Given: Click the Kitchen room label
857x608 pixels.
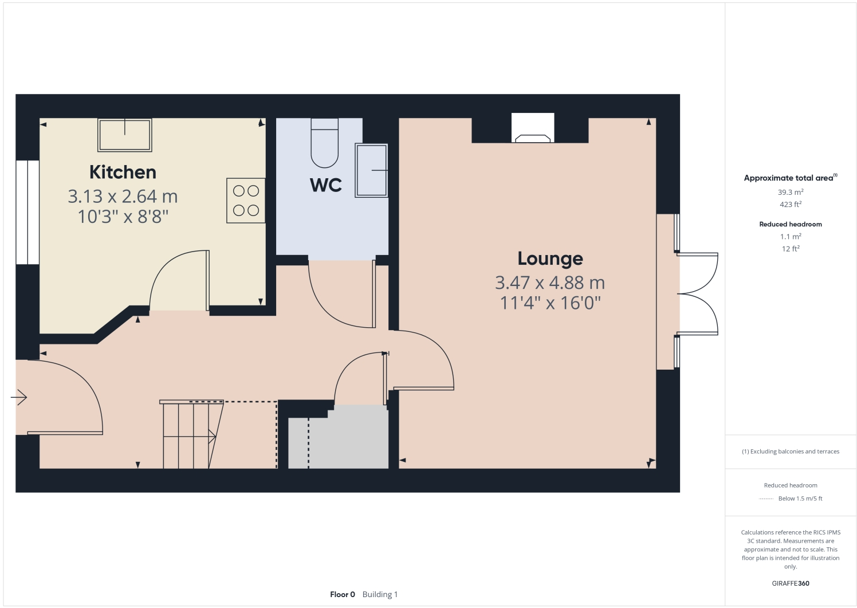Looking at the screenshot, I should tap(123, 172).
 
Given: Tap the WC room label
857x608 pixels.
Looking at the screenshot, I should tap(325, 185).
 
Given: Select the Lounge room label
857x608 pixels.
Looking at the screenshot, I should tap(550, 258).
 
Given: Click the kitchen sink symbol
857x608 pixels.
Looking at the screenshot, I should tap(124, 135).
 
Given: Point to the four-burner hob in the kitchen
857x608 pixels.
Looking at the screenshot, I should tap(246, 201).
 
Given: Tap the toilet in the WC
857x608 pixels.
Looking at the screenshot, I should tap(325, 143).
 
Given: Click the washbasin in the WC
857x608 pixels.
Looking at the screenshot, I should tap(371, 170).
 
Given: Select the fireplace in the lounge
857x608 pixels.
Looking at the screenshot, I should tap(533, 128).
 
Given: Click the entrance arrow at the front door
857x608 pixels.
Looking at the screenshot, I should tap(19, 397).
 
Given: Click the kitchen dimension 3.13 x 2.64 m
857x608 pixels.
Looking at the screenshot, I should tap(123, 197).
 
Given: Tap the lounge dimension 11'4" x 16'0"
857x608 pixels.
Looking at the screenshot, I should tap(550, 303).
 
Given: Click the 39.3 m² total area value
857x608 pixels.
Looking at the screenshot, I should tap(790, 193).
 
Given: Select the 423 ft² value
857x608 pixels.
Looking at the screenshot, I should tap(790, 205).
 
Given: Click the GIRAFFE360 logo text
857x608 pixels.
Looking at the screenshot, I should tap(790, 583).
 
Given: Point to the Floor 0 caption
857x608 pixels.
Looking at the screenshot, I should tap(343, 594).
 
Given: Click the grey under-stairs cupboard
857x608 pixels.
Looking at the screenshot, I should tap(344, 441).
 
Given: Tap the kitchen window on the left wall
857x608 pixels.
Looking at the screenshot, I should tap(27, 212).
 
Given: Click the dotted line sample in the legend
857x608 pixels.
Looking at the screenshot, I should tap(766, 499).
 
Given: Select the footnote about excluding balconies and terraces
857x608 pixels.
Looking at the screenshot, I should tap(790, 452).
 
